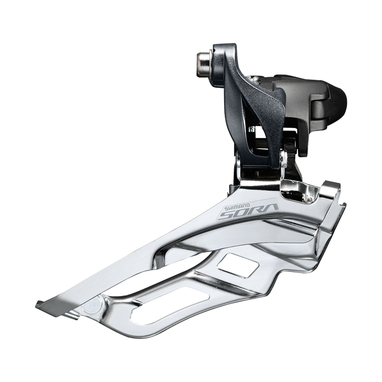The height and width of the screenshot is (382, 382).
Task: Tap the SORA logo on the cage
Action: point(248,209)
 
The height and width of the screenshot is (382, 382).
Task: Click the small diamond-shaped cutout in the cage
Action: point(238,265)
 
